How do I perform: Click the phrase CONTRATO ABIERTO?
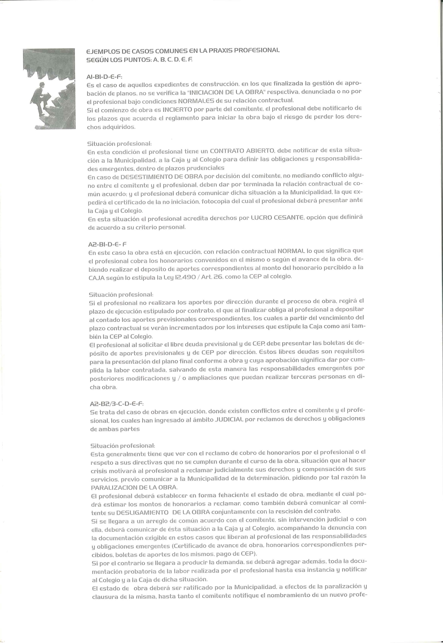click(x=242, y=152)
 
